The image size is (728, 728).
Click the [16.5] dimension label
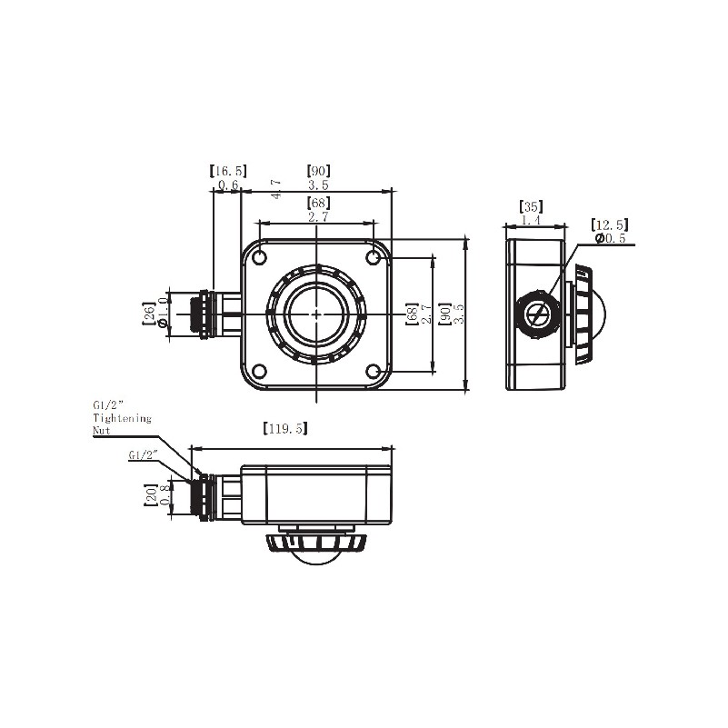tap(227, 170)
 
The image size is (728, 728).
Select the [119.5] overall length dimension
tap(284, 428)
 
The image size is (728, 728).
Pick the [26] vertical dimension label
tap(149, 314)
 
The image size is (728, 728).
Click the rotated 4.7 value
tap(276, 188)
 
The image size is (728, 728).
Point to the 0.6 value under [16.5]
tap(227, 184)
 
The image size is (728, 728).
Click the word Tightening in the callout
tap(122, 418)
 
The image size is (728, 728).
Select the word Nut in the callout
tap(102, 430)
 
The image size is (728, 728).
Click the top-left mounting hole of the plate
tap(260, 258)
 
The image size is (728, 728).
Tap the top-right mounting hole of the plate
tap(374, 258)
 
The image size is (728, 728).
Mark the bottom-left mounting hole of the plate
tap(260, 371)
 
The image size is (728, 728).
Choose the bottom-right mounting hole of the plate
tap(374, 371)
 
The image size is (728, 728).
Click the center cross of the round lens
tap(316, 314)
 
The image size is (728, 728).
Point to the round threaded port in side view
tap(538, 314)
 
